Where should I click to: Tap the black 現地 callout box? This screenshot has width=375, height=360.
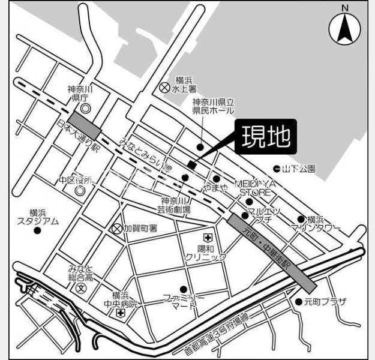point(266,137)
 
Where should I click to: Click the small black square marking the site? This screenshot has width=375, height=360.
point(191,164)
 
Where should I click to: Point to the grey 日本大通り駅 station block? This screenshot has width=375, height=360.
point(85,123)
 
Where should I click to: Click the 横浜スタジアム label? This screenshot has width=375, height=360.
point(37,217)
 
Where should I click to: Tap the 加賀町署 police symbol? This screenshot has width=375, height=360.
point(117,229)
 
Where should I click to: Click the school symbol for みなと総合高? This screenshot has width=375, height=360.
point(81,287)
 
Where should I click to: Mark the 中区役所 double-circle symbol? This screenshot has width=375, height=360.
point(80,190)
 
